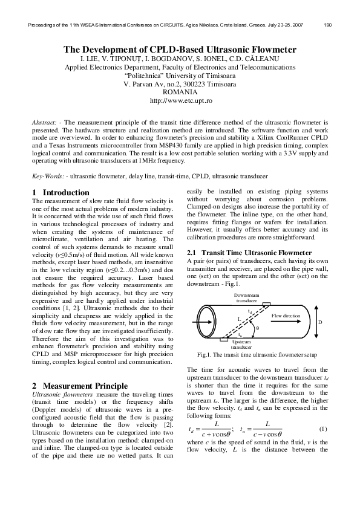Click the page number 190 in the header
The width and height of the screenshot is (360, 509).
tap(328, 25)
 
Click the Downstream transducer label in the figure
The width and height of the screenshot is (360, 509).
tap(246, 297)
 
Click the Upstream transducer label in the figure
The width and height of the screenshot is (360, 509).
tap(241, 345)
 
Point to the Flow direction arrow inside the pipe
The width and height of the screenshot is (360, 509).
tap(286, 322)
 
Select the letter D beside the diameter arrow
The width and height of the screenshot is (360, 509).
tap(320, 322)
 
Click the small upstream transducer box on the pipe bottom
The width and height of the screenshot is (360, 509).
tap(225, 339)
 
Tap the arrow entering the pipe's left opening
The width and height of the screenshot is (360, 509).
tap(200, 322)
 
